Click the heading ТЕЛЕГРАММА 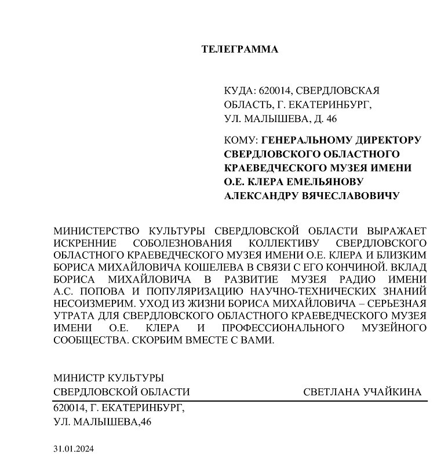[x=239, y=49]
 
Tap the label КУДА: [x=238, y=90]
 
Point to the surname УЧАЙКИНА [x=392, y=392]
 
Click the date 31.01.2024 [x=73, y=449]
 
